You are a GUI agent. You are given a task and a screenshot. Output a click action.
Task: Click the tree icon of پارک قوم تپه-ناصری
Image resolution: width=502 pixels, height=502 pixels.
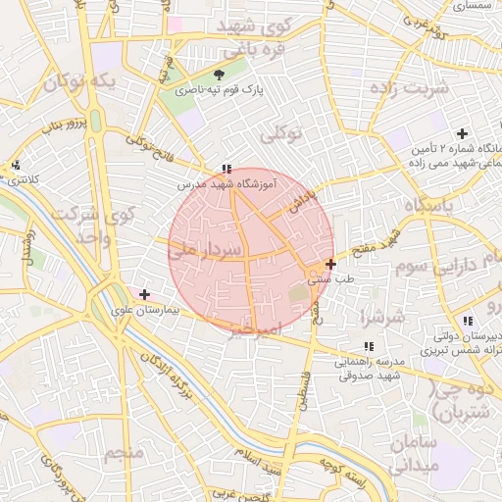(219, 75)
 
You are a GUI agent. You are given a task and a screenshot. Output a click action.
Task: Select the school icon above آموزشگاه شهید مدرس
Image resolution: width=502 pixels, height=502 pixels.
(227, 169)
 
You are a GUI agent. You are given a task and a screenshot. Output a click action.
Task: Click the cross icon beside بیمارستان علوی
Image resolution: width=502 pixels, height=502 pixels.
(145, 293)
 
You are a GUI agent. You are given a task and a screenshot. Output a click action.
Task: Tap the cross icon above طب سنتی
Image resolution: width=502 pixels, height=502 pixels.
(331, 263)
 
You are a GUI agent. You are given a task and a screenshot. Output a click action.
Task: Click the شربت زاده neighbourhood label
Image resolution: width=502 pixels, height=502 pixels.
(410, 88)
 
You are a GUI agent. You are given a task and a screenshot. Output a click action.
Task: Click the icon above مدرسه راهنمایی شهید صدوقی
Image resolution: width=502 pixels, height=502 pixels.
(369, 346)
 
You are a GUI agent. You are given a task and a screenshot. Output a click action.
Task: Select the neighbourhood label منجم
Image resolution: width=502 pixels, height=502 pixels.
(125, 453)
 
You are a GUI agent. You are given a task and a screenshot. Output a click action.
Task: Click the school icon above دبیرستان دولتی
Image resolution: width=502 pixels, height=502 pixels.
(468, 321)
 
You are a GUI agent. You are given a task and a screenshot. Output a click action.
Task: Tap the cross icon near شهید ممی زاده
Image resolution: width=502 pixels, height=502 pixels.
(462, 133)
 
